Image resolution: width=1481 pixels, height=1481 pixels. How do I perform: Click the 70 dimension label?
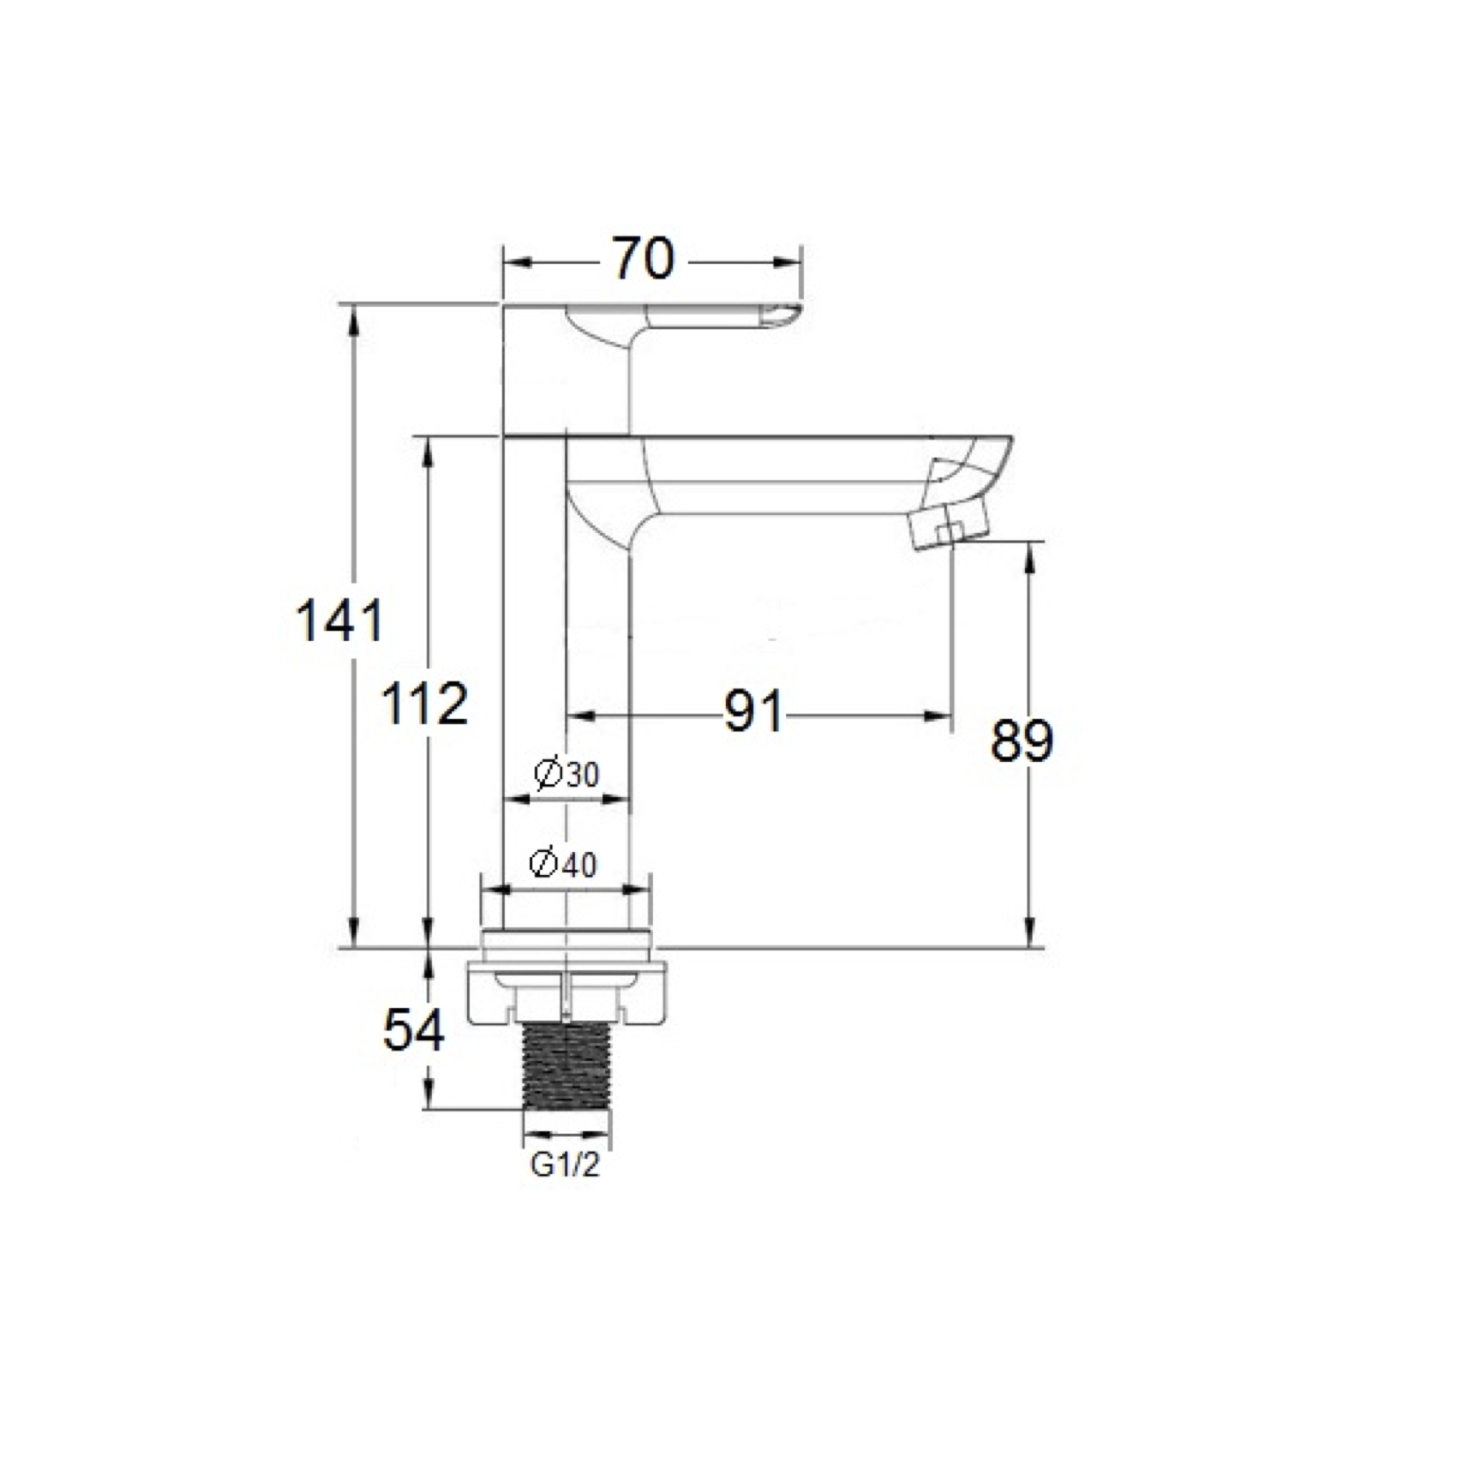643,259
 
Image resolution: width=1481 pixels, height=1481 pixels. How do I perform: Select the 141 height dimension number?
339,621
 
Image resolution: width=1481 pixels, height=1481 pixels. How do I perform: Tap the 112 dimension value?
424,704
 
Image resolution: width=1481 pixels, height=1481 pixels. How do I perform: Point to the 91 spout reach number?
753,711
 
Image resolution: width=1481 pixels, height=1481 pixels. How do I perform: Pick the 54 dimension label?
414,1029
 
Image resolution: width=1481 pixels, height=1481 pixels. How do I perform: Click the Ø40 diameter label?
563,864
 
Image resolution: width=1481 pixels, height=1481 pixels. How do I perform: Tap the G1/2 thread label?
565,1166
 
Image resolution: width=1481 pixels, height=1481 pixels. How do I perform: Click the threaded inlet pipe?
567,1065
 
